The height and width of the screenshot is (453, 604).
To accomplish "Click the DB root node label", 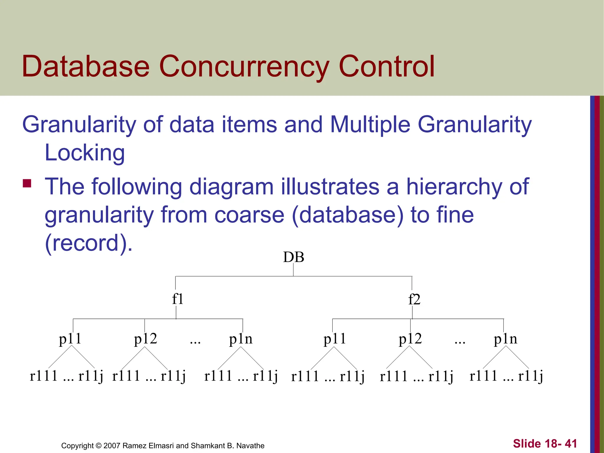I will tap(293, 257).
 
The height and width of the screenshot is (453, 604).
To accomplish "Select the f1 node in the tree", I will tap(178, 299).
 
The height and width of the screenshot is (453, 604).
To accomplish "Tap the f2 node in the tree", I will tap(414, 300).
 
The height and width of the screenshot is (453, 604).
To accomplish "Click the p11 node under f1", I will tap(70, 339).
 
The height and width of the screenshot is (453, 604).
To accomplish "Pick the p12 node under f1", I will tap(145, 339).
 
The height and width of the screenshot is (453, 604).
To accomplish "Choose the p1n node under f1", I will tap(241, 339).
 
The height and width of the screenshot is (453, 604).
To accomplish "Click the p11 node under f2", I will tap(335, 339).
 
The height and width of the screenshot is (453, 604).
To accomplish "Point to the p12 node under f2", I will tap(410, 339).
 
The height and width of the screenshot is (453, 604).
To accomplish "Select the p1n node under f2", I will tap(505, 339).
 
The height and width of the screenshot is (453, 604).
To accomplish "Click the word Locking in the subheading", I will tap(85, 153).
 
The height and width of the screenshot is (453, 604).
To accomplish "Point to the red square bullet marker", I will tap(27, 183).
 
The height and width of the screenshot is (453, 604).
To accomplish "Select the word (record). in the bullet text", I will tap(89, 243).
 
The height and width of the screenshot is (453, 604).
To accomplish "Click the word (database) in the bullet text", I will tap(347, 215).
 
